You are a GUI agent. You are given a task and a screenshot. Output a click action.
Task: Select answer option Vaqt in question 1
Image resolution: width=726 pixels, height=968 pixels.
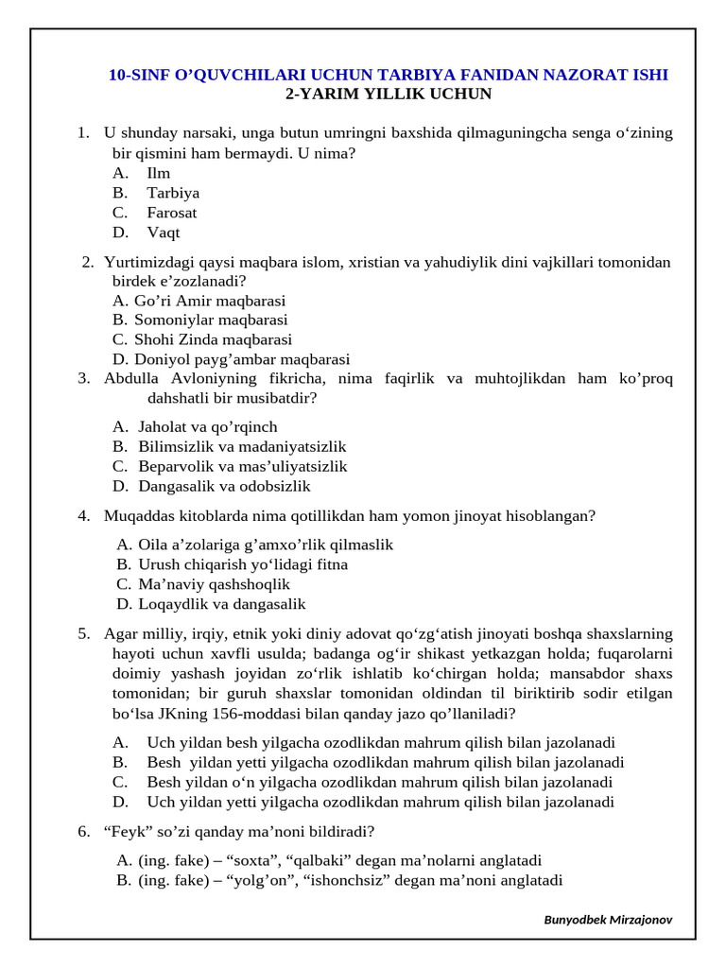click(163, 233)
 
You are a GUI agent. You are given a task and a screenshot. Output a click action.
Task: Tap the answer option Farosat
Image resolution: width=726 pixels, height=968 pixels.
click(171, 213)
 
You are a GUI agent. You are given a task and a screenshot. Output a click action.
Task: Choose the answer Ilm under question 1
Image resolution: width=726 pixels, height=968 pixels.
click(158, 173)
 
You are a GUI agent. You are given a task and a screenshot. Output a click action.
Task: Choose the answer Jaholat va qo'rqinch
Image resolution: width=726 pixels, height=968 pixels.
click(208, 427)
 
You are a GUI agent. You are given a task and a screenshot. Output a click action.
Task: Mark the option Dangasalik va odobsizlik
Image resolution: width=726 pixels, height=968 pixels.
click(224, 487)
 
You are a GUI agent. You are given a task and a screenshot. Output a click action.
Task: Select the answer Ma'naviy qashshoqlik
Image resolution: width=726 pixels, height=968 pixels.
click(214, 584)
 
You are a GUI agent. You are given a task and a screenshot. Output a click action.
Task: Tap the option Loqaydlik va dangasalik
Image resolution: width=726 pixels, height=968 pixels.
click(222, 604)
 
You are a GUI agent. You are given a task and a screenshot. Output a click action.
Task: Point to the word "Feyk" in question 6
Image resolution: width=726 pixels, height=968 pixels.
click(125, 832)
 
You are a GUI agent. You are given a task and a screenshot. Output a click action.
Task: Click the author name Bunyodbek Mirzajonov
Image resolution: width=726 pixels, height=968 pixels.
click(609, 920)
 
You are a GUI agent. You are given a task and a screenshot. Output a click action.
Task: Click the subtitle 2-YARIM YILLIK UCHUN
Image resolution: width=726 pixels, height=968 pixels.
click(389, 95)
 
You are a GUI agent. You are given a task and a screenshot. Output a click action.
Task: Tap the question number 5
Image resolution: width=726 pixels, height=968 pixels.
click(84, 633)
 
